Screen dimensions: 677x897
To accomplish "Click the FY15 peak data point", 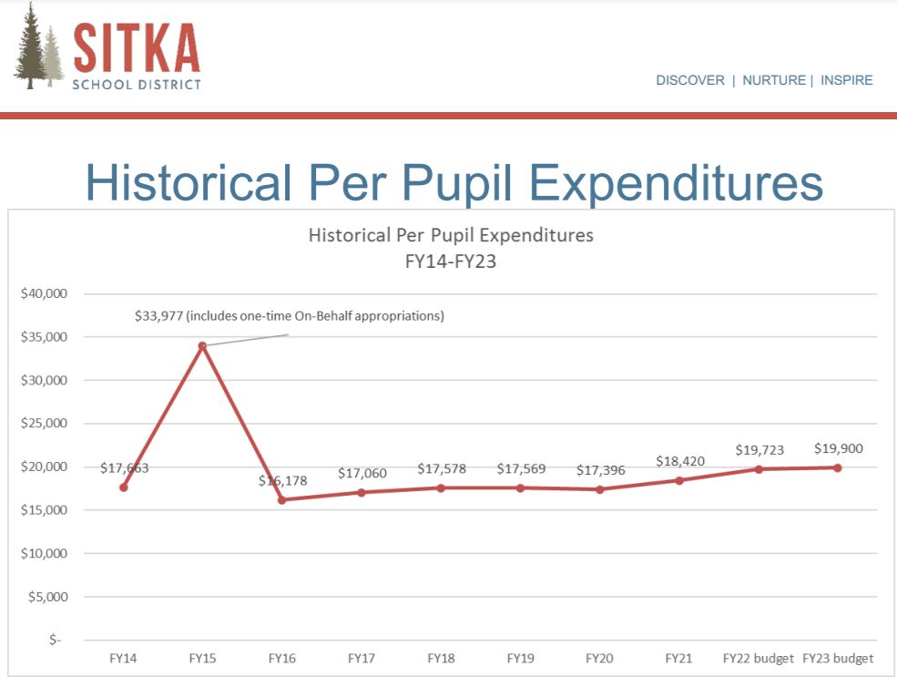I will point(202,345).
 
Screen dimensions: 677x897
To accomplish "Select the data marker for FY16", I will point(281,499).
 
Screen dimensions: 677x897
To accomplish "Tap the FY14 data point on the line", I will point(123,487).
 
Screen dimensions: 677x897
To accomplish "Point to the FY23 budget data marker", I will point(837,467).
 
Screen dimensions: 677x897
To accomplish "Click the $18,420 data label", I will point(679,462).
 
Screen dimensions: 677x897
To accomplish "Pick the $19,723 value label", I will point(759,450).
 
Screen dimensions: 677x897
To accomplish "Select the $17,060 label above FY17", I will point(362,474).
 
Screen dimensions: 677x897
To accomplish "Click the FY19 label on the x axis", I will point(520,658).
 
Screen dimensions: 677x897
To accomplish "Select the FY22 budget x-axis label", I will point(759,658).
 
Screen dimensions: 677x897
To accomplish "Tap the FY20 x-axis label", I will point(600,658).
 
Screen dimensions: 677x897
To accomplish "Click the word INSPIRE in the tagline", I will point(846,80).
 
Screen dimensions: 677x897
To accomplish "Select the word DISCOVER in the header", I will point(690,80).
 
